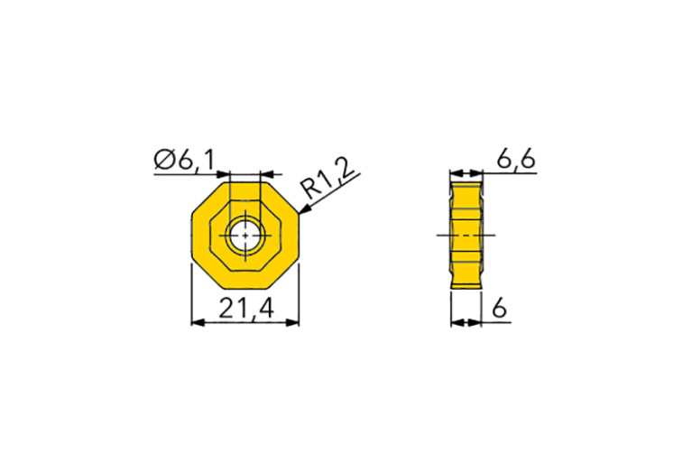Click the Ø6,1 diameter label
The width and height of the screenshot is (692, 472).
[185, 161]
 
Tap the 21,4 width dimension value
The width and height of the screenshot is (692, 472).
[246, 309]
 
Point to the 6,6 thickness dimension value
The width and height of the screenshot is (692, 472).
[516, 160]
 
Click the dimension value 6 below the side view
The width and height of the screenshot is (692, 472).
[498, 309]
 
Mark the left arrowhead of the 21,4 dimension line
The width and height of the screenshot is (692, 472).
[198, 322]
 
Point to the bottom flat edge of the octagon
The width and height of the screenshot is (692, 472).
[245, 290]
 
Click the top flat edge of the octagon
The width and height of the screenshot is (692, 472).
[245, 183]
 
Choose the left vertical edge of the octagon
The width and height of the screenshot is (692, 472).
[192, 236]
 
